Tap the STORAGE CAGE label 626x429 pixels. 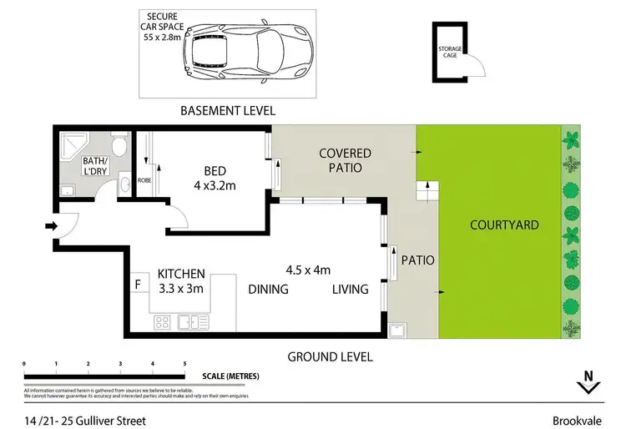point(449,53)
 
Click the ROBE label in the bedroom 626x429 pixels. point(144,178)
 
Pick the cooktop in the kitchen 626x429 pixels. point(164,321)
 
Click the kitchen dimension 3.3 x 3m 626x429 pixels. point(181,288)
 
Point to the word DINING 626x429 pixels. point(268,290)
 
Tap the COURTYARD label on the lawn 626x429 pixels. point(504,225)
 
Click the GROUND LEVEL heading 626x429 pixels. point(330,356)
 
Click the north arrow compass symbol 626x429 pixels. point(588,382)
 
